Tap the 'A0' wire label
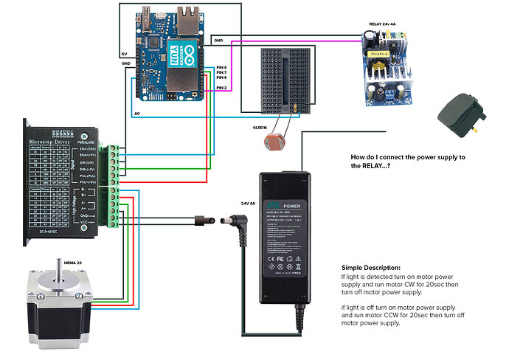137,114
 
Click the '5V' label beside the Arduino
124,54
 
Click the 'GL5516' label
260,128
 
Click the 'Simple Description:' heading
371,267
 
